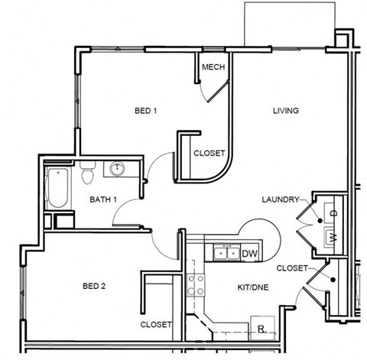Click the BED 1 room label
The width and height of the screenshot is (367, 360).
(145, 112)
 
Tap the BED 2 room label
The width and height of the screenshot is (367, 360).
(93, 287)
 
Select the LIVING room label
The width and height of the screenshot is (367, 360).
(285, 112)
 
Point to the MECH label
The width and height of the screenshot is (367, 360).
(213, 67)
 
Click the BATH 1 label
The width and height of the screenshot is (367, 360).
(103, 200)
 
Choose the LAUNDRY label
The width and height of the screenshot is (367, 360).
(279, 199)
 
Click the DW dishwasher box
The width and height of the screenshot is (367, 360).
(248, 253)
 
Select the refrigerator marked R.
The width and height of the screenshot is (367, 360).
(261, 328)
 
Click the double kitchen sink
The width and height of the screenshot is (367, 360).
(225, 252)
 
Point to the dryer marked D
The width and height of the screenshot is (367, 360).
(335, 209)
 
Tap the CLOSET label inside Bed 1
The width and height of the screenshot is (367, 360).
(209, 153)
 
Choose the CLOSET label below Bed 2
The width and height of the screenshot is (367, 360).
(156, 325)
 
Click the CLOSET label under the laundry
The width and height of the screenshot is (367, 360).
(292, 268)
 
